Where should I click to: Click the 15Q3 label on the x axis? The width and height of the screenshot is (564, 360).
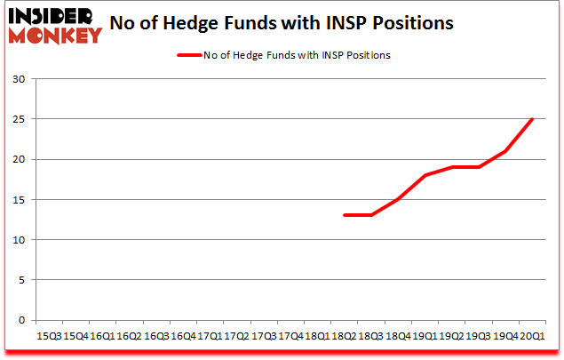[49, 337]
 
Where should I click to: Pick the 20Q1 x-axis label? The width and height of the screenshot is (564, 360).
[532, 337]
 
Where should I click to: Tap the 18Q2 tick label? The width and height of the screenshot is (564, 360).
[344, 337]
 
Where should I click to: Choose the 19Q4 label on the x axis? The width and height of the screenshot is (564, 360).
[505, 337]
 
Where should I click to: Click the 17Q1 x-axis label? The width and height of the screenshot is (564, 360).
[210, 337]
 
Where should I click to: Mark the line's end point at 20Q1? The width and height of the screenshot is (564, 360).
[532, 119]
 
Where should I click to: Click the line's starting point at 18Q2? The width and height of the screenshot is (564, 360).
[344, 215]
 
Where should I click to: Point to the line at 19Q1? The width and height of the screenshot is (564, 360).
[425, 175]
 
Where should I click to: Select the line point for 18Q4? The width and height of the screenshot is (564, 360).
[398, 199]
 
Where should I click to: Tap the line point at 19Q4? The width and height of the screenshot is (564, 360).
[505, 151]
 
